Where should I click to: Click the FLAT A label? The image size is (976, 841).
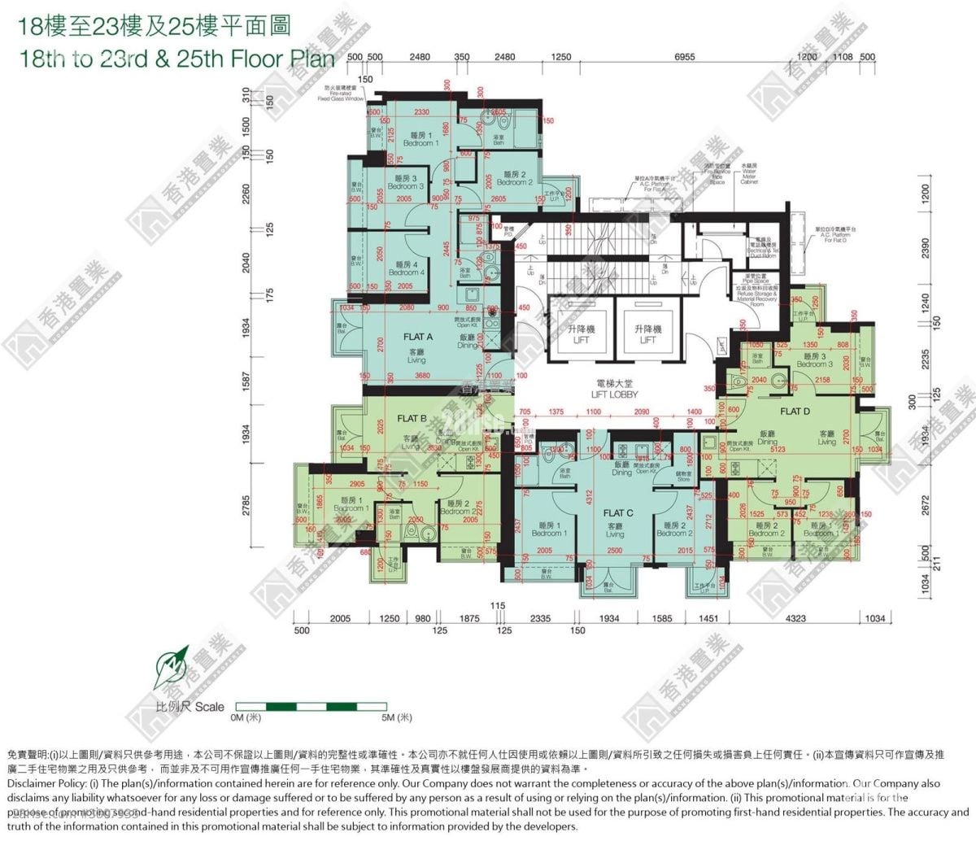(418, 336)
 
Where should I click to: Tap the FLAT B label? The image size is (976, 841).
(412, 418)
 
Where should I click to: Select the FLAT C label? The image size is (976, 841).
(618, 513)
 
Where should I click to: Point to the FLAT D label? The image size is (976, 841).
(795, 412)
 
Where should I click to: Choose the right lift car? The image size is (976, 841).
(648, 333)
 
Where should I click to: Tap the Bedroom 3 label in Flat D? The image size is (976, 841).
(814, 360)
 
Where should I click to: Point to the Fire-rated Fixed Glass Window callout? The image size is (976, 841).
(344, 93)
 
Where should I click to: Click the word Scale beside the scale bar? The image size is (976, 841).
(210, 707)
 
